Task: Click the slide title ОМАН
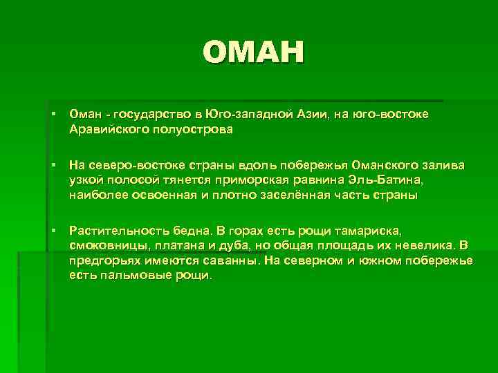tap(254, 52)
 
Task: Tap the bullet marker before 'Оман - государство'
tap(53, 113)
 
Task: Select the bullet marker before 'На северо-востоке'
tap(53, 165)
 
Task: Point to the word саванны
tap(226, 260)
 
